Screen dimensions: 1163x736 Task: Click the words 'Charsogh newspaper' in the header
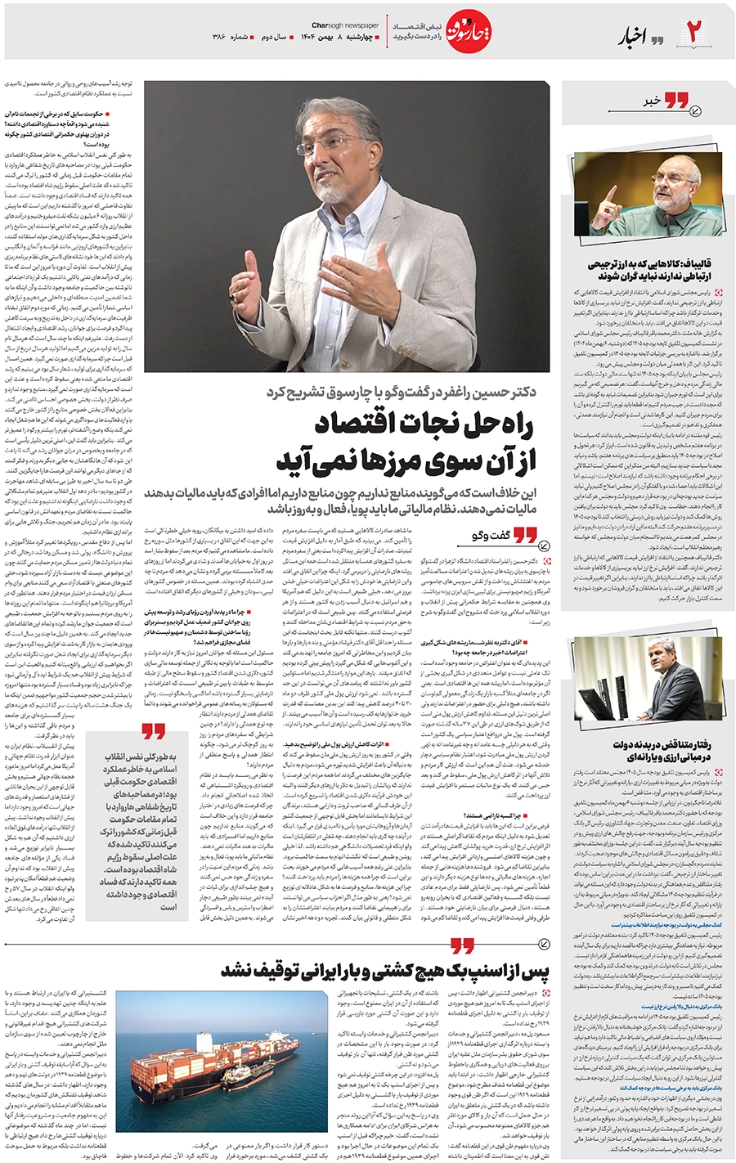click(x=345, y=25)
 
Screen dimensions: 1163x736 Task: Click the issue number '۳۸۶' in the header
click(x=218, y=38)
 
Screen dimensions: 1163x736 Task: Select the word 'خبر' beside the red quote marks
click(x=651, y=101)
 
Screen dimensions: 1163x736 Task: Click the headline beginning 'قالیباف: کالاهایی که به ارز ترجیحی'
click(x=648, y=270)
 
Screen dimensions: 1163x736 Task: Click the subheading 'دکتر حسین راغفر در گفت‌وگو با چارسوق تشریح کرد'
click(x=401, y=392)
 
